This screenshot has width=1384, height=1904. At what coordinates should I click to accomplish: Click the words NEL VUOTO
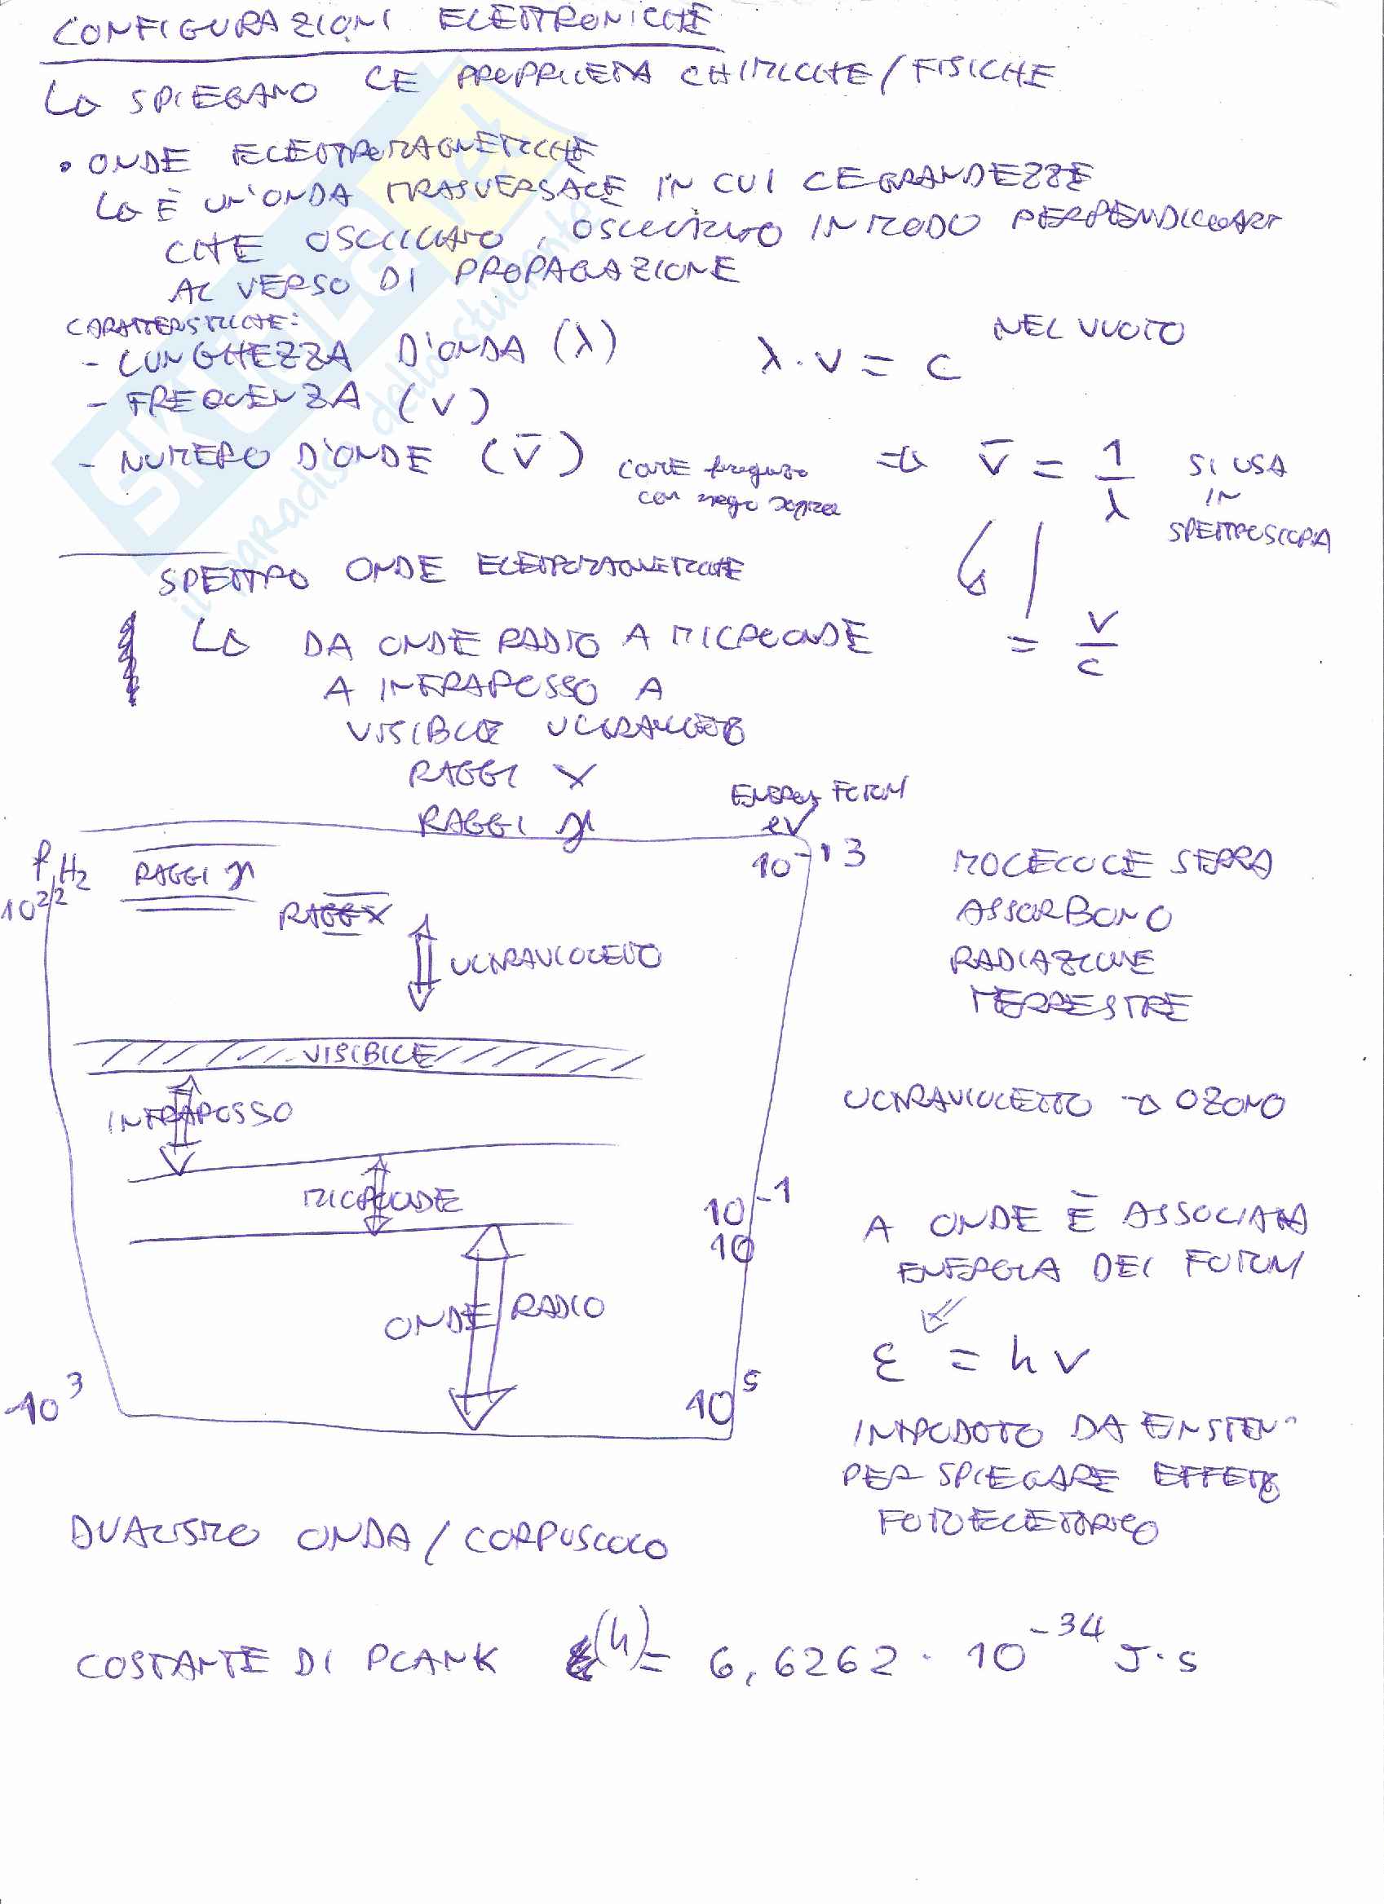pyautogui.click(x=1089, y=329)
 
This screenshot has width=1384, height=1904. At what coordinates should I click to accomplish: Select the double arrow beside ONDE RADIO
pyautogui.click(x=484, y=1326)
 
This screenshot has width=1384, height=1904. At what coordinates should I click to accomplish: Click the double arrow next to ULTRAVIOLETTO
pyautogui.click(x=422, y=961)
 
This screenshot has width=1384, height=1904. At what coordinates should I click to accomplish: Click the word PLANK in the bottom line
pyautogui.click(x=431, y=1659)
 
